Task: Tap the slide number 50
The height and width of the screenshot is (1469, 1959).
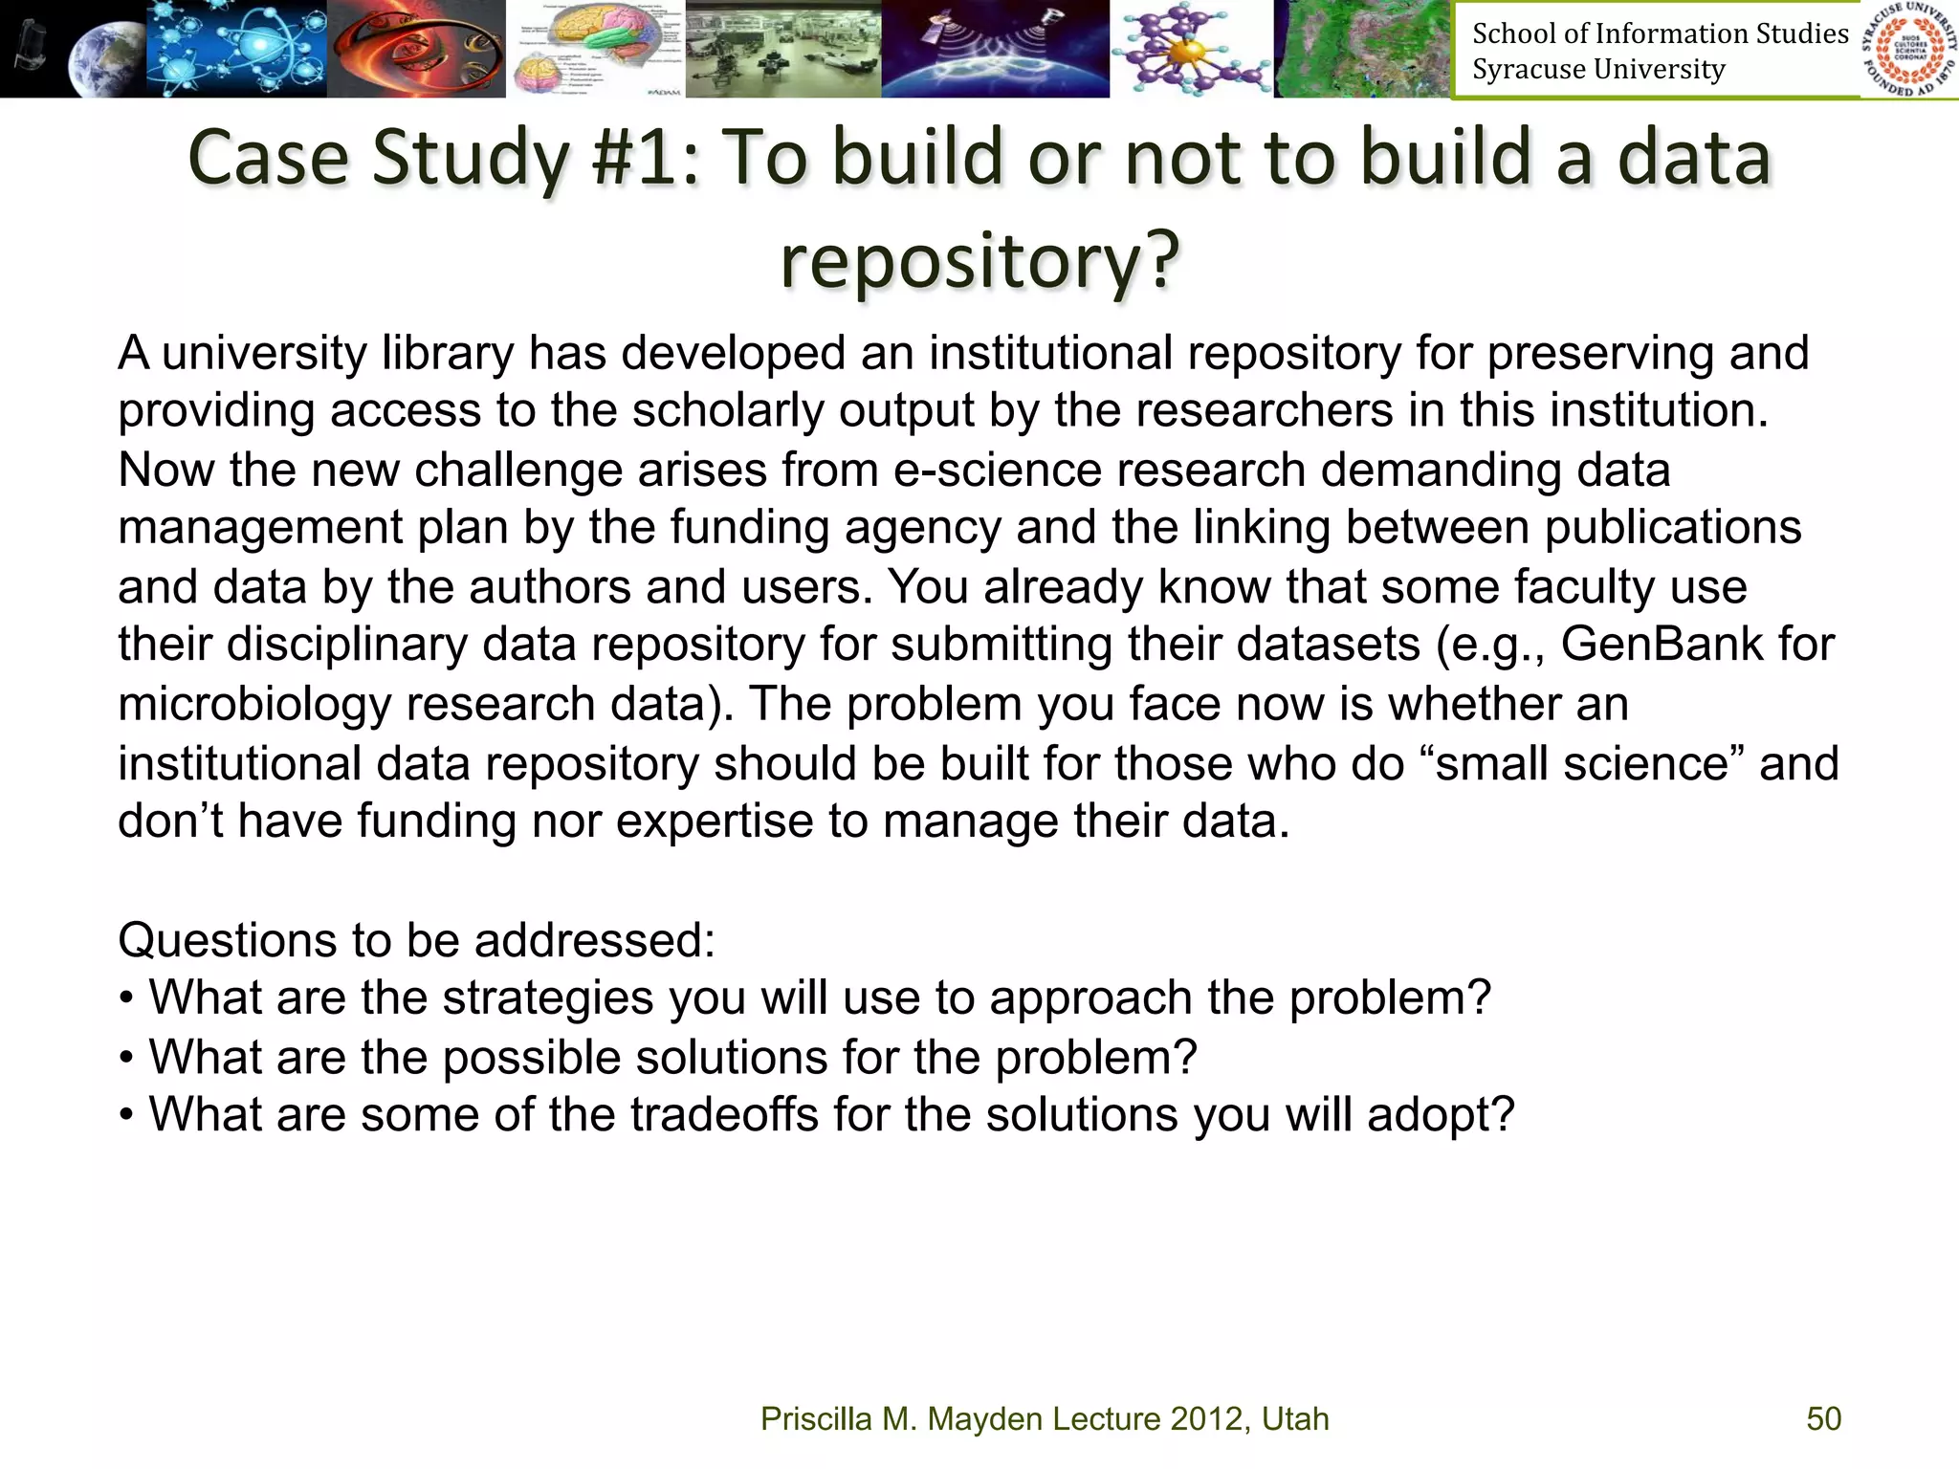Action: [1823, 1418]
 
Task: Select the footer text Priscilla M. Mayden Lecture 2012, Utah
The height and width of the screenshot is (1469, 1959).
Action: [1045, 1418]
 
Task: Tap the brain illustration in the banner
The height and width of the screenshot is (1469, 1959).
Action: [595, 48]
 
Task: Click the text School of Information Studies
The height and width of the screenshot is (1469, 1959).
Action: [1660, 33]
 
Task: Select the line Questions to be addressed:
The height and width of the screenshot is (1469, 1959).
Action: [416, 940]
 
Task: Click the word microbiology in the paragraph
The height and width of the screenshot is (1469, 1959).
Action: [254, 704]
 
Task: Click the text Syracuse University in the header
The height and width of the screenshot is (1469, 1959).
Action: [1598, 70]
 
